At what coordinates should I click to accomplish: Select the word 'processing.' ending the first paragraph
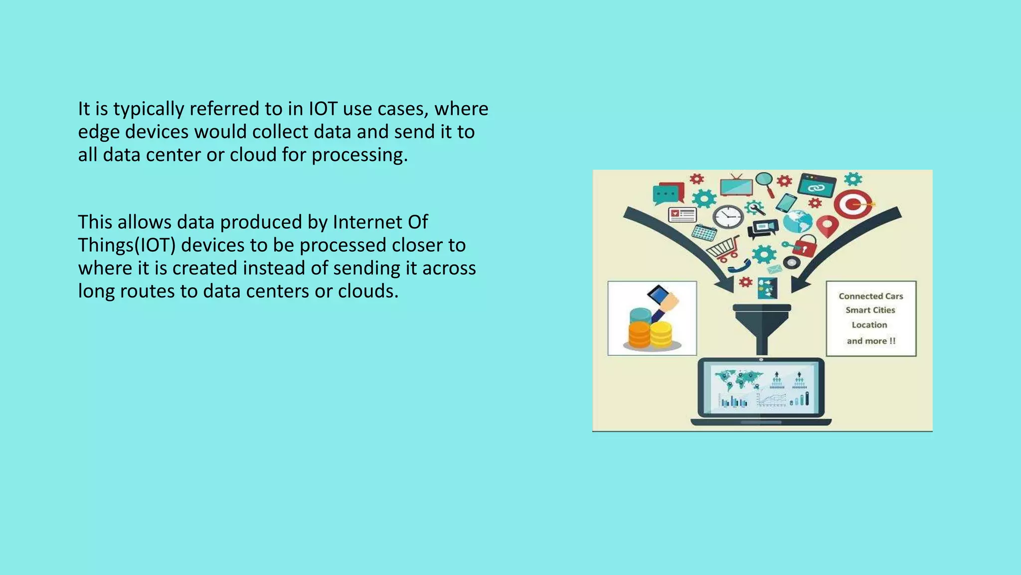pyautogui.click(x=360, y=155)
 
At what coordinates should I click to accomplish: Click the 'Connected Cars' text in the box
pyautogui.click(x=870, y=296)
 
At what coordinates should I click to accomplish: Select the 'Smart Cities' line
pyautogui.click(x=870, y=310)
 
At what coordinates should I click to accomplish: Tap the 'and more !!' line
pyautogui.click(x=871, y=341)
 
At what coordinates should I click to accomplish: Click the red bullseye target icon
pyautogui.click(x=853, y=204)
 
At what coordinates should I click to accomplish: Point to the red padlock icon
pyautogui.click(x=804, y=246)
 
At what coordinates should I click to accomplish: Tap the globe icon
pyautogui.click(x=797, y=221)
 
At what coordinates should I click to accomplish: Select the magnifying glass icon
pyautogui.click(x=765, y=183)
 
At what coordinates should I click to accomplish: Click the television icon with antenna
pyautogui.click(x=736, y=186)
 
